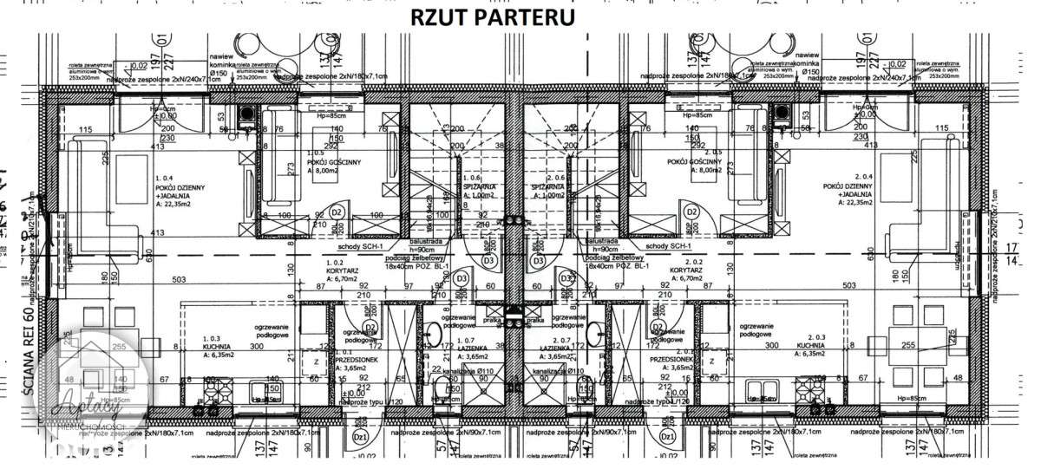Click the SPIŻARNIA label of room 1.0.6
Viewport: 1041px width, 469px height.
click(478, 186)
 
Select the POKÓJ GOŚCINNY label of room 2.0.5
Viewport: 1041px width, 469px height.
click(691, 162)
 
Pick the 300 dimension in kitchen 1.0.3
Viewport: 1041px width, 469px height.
click(256, 345)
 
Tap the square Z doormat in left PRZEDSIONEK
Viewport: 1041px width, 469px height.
click(316, 362)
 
